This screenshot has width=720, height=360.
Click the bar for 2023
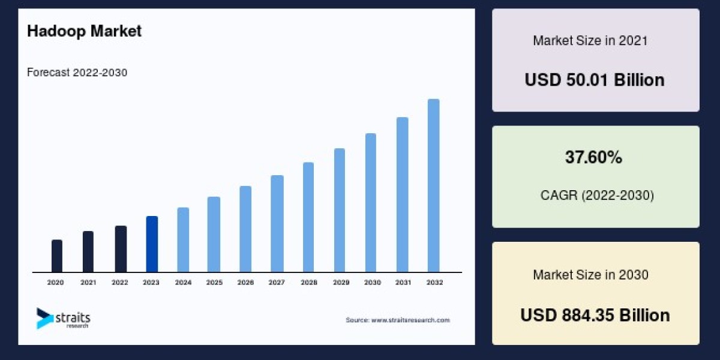click(152, 244)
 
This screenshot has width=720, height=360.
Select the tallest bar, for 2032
click(433, 185)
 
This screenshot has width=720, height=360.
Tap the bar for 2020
click(57, 256)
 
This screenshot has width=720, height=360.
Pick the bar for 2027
click(277, 224)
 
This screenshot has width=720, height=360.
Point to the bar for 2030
click(371, 203)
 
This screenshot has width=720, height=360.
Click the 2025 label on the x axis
click(214, 282)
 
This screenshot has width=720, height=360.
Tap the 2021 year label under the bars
click(88, 282)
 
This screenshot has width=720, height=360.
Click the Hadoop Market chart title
click(84, 31)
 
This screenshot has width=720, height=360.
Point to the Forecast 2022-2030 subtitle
click(77, 73)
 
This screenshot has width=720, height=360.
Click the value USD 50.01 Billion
click(595, 80)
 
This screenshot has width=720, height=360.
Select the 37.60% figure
click(593, 158)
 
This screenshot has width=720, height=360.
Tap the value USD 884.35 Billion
click(595, 315)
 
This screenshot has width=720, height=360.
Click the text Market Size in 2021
click(590, 41)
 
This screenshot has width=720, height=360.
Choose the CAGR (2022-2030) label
click(597, 195)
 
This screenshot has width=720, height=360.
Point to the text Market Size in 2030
click(590, 275)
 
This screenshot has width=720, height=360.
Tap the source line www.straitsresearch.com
click(397, 320)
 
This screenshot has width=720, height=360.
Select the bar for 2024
click(183, 240)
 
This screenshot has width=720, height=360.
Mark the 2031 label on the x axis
click(402, 282)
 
